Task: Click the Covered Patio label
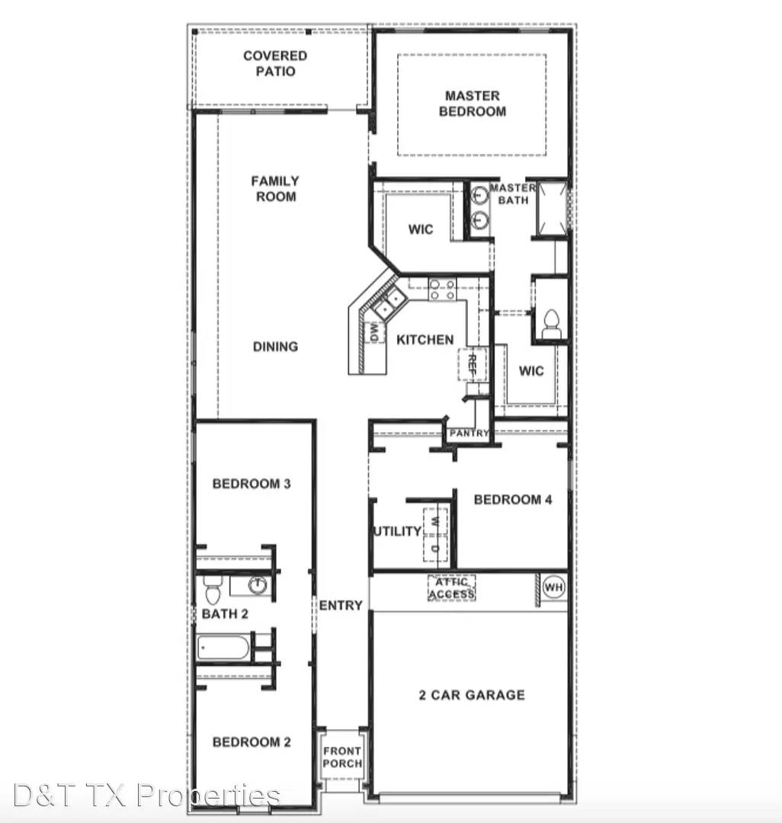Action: (275, 63)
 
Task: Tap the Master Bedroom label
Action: (473, 104)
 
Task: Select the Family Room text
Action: (275, 188)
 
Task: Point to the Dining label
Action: (275, 347)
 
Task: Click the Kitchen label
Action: (425, 340)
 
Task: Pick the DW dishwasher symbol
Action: (374, 331)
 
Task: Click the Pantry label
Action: (469, 433)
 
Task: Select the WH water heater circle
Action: (553, 587)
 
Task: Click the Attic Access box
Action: (451, 588)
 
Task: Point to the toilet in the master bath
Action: (550, 324)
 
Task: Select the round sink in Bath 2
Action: (258, 585)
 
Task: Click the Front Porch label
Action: (342, 757)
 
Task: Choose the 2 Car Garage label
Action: (472, 695)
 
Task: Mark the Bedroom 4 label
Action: (512, 500)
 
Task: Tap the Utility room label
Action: (396, 531)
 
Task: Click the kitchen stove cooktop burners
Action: (443, 290)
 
